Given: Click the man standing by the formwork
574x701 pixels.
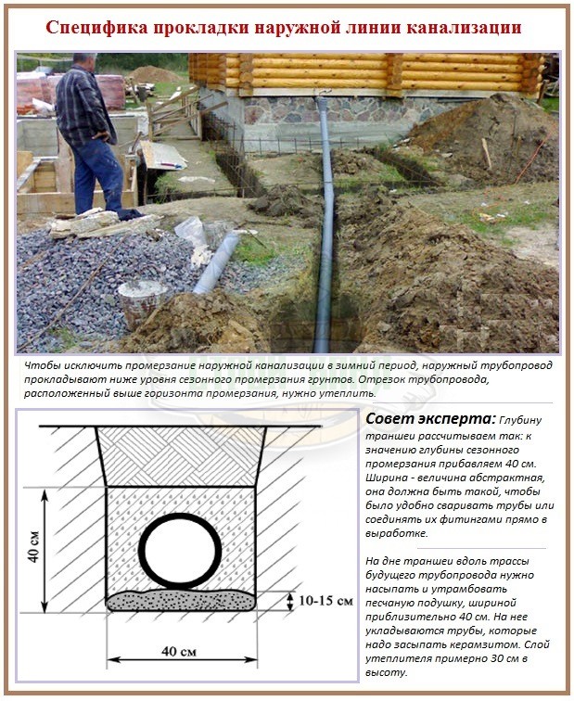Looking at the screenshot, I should coord(91,130).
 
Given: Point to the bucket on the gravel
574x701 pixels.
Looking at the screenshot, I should coord(142,300).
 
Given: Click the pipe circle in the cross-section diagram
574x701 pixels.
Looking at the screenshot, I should coord(181,550).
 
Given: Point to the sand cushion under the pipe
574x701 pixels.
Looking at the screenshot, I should coord(181,600).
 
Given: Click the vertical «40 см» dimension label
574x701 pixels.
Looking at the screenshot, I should coord(34,549).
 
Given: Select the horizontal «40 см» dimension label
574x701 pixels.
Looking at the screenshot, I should coord(183,652).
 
